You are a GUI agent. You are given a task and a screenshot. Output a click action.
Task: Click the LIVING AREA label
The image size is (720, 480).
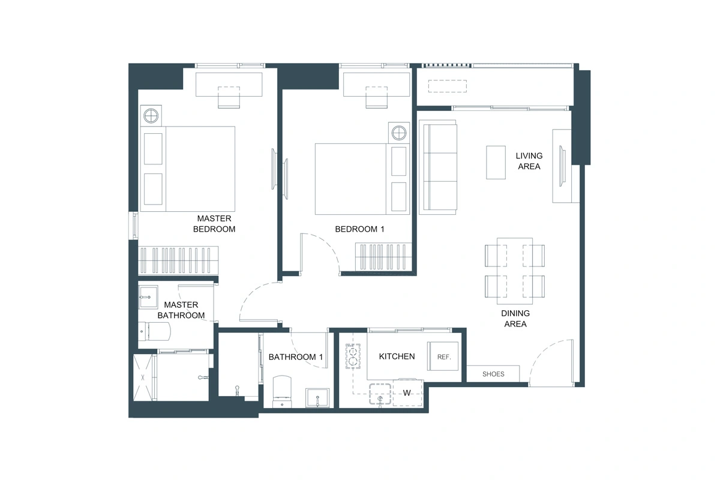(529, 161)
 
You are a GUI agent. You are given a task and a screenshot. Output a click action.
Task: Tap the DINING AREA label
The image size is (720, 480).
(515, 319)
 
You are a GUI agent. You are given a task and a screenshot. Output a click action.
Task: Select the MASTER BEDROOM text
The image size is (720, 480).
(214, 224)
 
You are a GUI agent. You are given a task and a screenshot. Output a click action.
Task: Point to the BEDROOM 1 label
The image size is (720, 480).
(359, 229)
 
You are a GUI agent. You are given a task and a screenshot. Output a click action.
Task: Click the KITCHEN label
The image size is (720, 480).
(397, 356)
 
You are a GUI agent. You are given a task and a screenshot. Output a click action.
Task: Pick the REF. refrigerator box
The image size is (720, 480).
(443, 356)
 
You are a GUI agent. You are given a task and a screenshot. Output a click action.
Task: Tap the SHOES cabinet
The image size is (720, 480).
(493, 374)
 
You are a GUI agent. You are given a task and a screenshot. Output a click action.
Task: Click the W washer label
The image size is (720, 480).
(406, 393)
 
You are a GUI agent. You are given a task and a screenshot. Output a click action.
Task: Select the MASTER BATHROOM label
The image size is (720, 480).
(181, 310)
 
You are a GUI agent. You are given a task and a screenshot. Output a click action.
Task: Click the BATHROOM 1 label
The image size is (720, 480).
(296, 357)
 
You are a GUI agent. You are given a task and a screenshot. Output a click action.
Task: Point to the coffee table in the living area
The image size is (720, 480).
(496, 161)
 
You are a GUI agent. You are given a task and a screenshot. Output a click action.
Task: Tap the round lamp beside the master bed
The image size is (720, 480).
(151, 115)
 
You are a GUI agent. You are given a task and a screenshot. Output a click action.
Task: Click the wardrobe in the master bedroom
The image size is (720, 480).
(179, 260)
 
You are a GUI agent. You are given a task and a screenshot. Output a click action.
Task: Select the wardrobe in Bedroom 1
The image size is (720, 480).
(383, 257)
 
